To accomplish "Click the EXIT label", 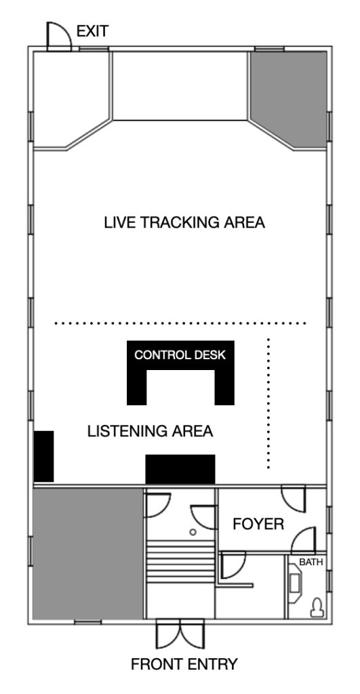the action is (x=93, y=31).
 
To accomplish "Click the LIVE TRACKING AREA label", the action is (x=184, y=222).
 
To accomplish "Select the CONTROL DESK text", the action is (x=180, y=355).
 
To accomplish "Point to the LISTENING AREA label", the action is (x=150, y=431).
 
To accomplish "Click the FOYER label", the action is (x=258, y=524).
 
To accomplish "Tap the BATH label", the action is (x=311, y=562).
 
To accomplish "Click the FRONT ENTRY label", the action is (x=184, y=664).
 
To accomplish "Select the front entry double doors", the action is (x=180, y=634).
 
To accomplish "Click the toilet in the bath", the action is (x=317, y=607).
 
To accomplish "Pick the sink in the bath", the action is (x=294, y=584).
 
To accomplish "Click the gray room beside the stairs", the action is (x=88, y=553).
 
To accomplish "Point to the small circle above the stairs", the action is (x=193, y=532).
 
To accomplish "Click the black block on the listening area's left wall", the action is (x=44, y=456).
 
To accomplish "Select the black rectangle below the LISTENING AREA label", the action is (x=180, y=469).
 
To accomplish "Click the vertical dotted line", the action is (x=268, y=403).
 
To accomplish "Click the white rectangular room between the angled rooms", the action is (x=180, y=86).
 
